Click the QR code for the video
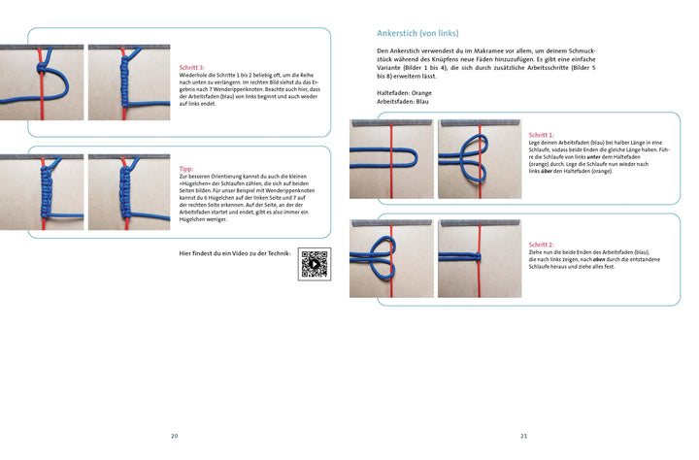pyautogui.click(x=315, y=264)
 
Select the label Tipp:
pyautogui.click(x=186, y=168)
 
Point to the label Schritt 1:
pyautogui.click(x=541, y=135)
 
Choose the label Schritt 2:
pyautogui.click(x=541, y=245)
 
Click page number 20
pyautogui.click(x=175, y=436)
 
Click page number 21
pyautogui.click(x=524, y=436)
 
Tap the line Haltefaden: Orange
pyautogui.click(x=404, y=92)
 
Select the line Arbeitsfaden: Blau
pyautogui.click(x=401, y=101)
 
